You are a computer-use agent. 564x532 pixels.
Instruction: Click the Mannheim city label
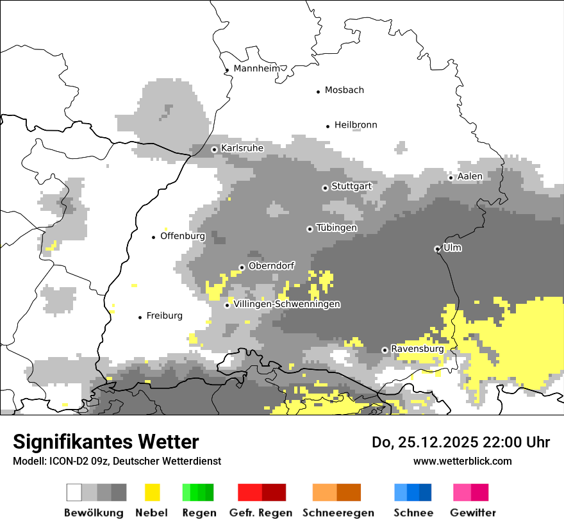(257, 69)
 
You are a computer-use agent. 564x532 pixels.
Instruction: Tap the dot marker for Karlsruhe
(215, 149)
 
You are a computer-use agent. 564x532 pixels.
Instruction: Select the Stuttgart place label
(351, 187)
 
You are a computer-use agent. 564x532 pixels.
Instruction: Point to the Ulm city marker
(437, 249)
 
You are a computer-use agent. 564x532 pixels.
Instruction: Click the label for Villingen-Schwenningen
(287, 304)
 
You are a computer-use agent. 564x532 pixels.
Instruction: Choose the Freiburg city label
(165, 316)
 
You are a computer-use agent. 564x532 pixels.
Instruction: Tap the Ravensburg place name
(417, 349)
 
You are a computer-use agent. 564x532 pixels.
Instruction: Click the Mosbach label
(344, 90)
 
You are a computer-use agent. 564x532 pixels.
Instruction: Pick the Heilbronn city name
(356, 125)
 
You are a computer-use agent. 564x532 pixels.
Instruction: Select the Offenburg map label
(183, 236)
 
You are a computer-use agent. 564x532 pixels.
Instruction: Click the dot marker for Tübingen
(310, 229)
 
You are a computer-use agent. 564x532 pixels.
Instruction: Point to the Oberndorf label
(271, 266)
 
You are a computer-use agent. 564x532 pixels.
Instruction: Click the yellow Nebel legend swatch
(152, 492)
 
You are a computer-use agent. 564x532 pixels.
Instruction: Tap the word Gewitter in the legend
(473, 513)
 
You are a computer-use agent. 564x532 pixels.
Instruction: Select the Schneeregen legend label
(338, 513)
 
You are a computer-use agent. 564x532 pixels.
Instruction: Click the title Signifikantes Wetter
(106, 442)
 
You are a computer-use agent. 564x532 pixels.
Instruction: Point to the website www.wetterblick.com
(463, 461)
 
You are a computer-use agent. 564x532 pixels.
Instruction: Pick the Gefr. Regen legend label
(261, 513)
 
